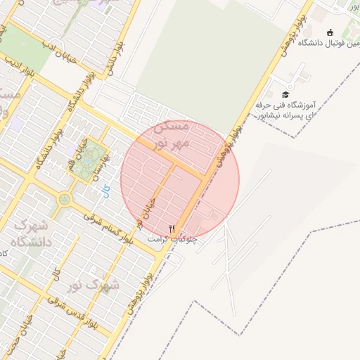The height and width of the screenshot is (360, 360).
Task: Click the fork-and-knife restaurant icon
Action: pos(172,229)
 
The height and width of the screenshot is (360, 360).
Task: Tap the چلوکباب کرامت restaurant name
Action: pos(172,239)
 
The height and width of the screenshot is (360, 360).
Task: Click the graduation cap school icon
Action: pos(285,94)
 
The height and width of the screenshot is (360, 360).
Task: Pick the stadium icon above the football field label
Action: pos(330,32)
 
